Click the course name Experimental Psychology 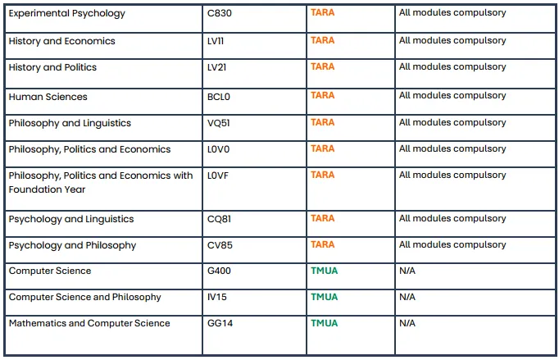(x=67, y=14)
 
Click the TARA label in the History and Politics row (x=322, y=66)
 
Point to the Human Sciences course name (x=48, y=97)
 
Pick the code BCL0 (x=220, y=97)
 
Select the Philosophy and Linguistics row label (x=70, y=123)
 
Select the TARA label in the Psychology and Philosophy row (x=322, y=244)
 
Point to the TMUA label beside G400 (x=324, y=271)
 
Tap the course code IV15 (x=217, y=297)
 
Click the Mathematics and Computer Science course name (x=89, y=323)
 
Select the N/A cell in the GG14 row (x=407, y=323)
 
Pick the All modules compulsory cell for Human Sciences (x=452, y=96)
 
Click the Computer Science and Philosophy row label (x=85, y=297)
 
